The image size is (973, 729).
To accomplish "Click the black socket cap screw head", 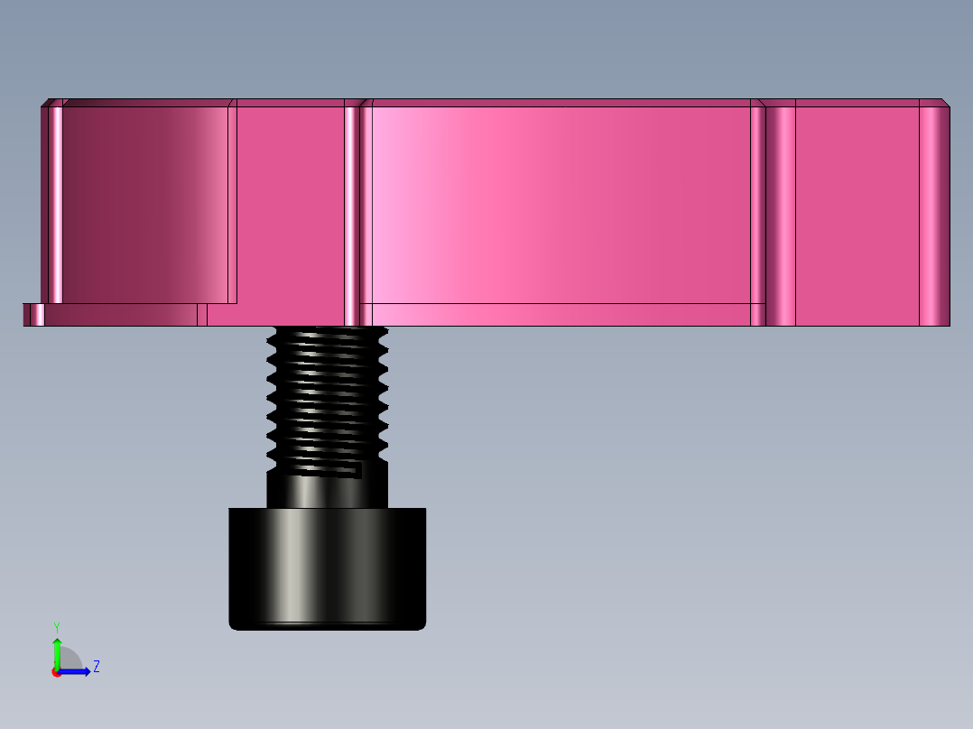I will [327, 568].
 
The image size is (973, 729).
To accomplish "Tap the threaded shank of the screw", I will [327, 397].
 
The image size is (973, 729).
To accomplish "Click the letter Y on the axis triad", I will [56, 626].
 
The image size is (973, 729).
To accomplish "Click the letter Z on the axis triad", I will [96, 667].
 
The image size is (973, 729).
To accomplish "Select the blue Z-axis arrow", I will [78, 671].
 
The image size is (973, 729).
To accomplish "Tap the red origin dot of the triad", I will [56, 672].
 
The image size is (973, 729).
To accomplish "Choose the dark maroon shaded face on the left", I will [135, 203].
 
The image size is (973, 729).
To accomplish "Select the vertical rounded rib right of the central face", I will [781, 212].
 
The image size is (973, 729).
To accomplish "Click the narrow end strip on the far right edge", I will [934, 212].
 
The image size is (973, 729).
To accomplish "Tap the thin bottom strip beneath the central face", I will [560, 314].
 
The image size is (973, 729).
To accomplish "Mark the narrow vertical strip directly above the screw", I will [351, 212].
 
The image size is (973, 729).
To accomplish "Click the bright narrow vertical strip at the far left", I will [56, 203].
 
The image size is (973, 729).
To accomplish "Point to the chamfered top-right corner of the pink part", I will [945, 102].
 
